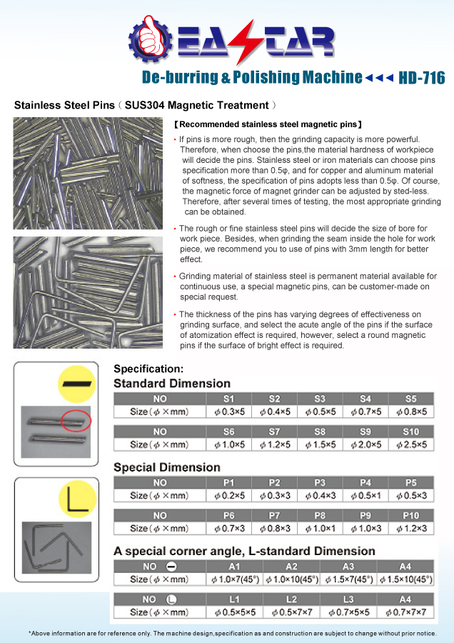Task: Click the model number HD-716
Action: pyautogui.click(x=421, y=78)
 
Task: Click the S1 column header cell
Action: pyautogui.click(x=228, y=398)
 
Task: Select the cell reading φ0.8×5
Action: pyautogui.click(x=411, y=412)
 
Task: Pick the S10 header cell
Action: pyautogui.click(x=411, y=432)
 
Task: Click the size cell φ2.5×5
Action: pyautogui.click(x=411, y=444)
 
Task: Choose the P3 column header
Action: pyautogui.click(x=320, y=482)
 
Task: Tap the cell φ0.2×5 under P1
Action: pyautogui.click(x=228, y=495)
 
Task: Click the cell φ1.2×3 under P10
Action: pyautogui.click(x=411, y=528)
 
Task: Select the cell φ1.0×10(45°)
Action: pyautogui.click(x=291, y=579)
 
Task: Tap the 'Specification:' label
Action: pyautogui.click(x=148, y=369)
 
